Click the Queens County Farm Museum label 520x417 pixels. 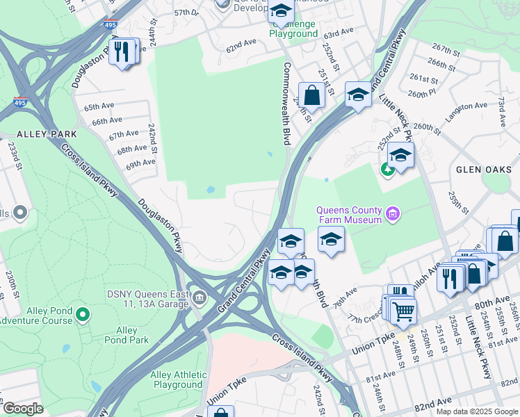coord(349,215)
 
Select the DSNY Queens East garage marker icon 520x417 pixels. coord(200,298)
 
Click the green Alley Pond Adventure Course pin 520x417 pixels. coord(83,316)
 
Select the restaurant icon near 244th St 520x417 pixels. coord(122,52)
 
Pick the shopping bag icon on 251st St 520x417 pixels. coord(312,95)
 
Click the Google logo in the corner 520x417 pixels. coord(23,409)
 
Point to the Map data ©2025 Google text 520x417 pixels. coord(477,411)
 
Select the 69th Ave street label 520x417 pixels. coord(140,163)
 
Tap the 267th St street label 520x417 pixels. coord(448,49)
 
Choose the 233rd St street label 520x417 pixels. coord(13,156)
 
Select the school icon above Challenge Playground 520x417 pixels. coord(281,12)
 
